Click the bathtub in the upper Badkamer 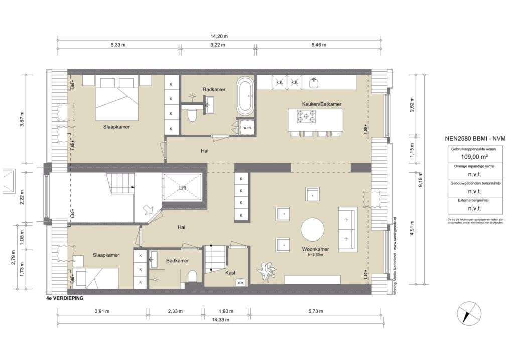click(x=245, y=96)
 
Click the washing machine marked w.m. click(x=246, y=127)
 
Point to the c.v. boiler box click(x=239, y=282)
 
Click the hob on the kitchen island click(x=306, y=117)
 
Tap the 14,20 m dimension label click(x=219, y=36)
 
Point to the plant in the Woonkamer click(x=267, y=272)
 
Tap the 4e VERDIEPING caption click(x=64, y=298)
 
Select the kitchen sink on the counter click(x=314, y=81)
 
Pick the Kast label click(x=230, y=273)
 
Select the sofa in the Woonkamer click(x=346, y=229)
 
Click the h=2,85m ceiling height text click(x=315, y=255)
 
